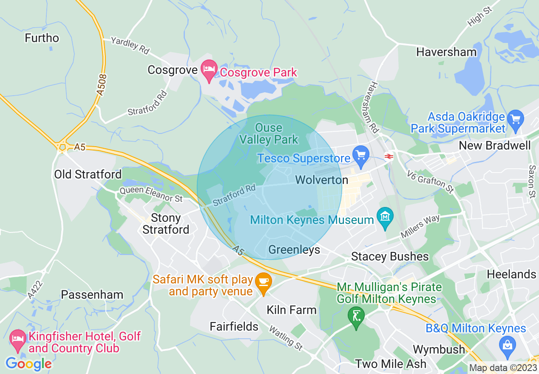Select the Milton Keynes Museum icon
pyautogui.click(x=385, y=218)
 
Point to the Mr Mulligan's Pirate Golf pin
pyautogui.click(x=356, y=317)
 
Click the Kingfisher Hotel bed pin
pyautogui.click(x=17, y=340)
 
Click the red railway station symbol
pyautogui.click(x=389, y=156)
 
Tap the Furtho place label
pyautogui.click(x=42, y=38)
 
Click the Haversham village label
pyautogui.click(x=446, y=52)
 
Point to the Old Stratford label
pyautogui.click(x=88, y=174)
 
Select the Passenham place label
pyautogui.click(x=92, y=295)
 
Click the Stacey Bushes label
pyautogui.click(x=389, y=257)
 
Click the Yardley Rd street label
pyautogui.click(x=130, y=45)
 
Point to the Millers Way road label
pyautogui.click(x=420, y=227)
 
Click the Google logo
pyautogui.click(x=28, y=364)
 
